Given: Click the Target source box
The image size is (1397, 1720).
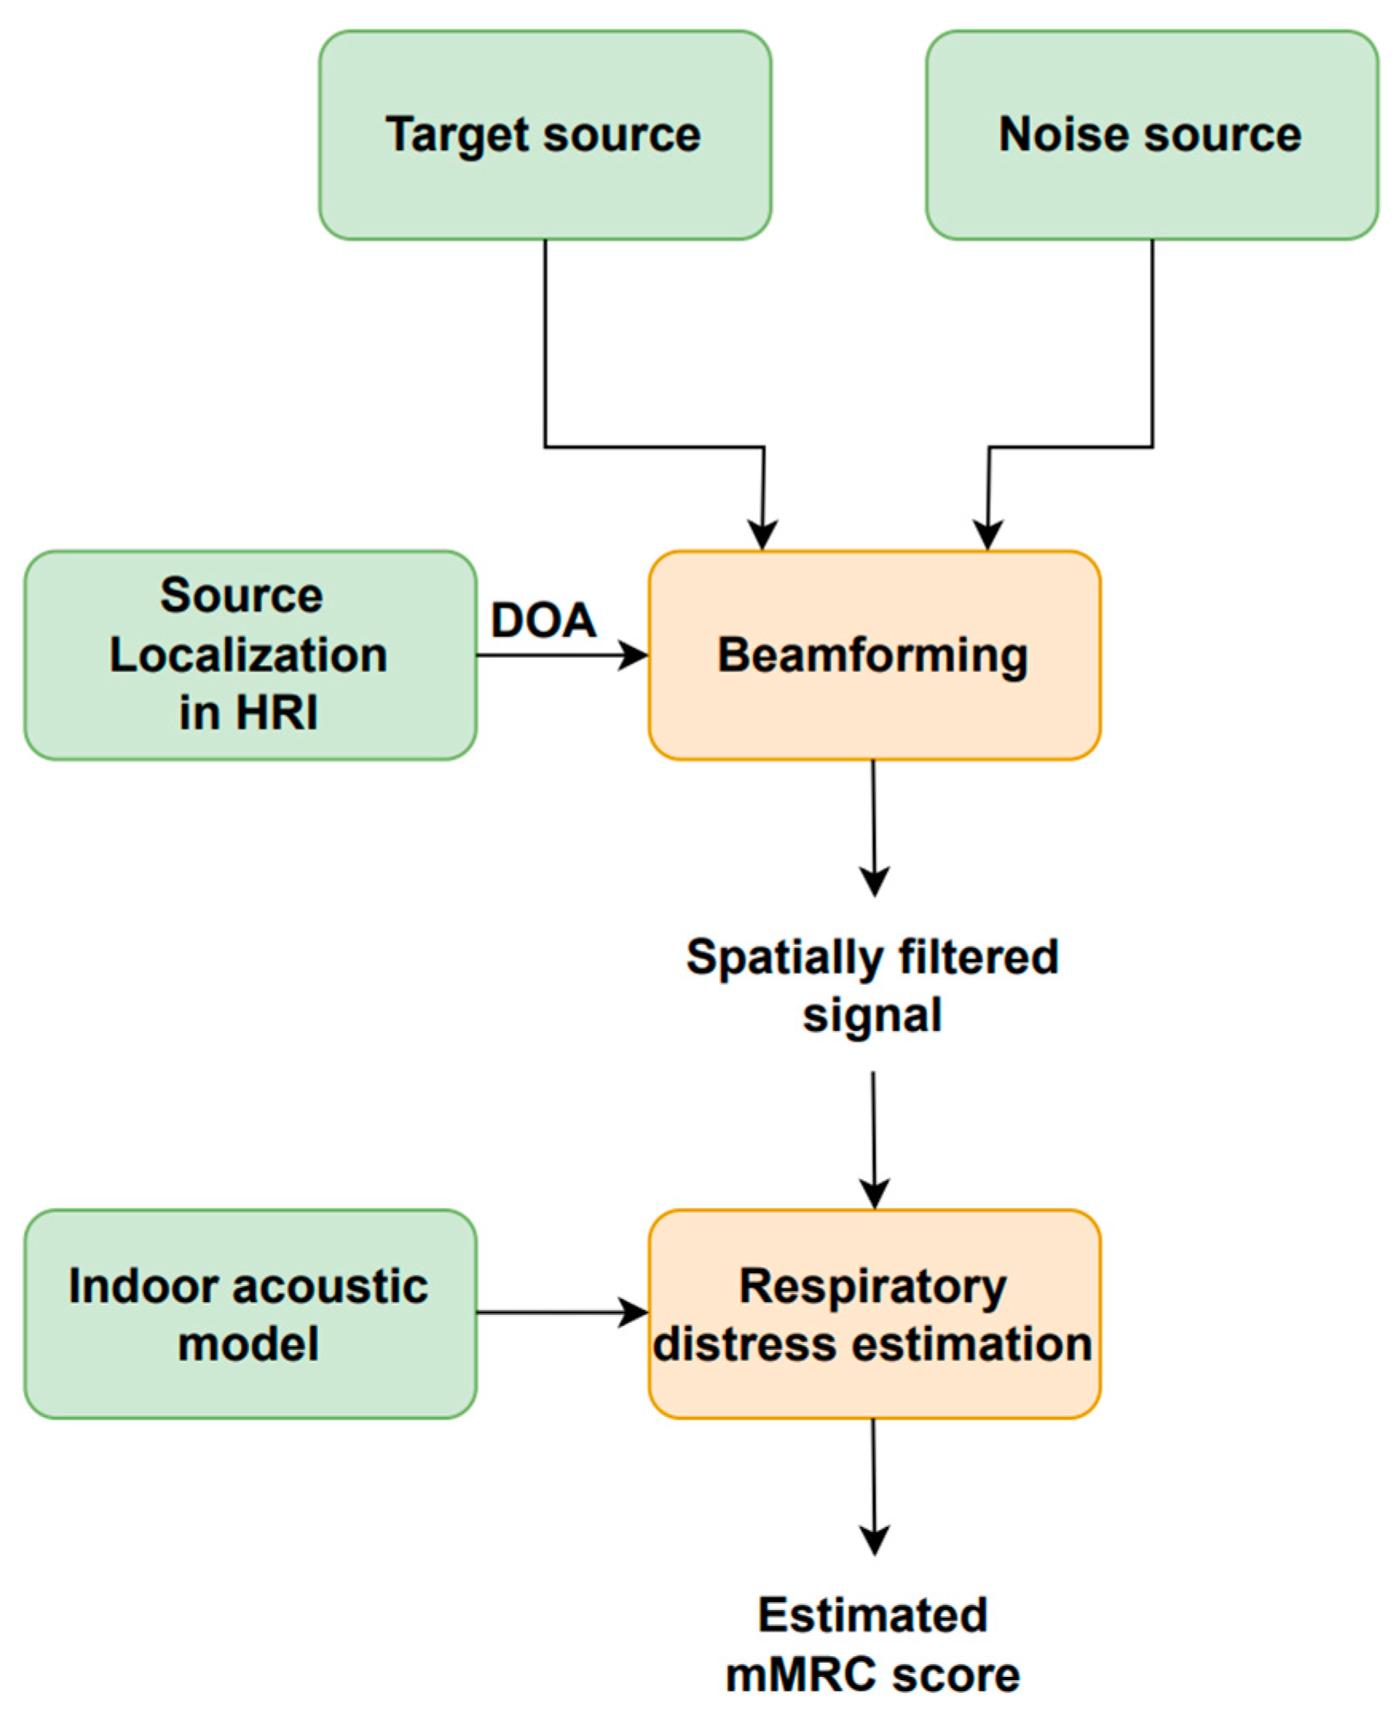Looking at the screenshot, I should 545,135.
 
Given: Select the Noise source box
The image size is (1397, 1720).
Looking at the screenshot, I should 1151,135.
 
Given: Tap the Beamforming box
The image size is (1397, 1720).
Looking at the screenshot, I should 874,655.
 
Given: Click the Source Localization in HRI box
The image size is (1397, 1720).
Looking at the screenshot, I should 250,655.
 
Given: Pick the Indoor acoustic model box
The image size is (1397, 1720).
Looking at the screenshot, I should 250,1313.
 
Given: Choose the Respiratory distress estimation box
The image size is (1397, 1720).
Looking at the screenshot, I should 874,1313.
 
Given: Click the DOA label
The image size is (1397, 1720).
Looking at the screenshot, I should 544,620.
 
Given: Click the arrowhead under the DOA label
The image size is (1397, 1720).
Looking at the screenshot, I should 633,655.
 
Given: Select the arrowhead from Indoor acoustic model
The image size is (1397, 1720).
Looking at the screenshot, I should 633,1313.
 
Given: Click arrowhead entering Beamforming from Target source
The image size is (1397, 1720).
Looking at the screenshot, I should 762,535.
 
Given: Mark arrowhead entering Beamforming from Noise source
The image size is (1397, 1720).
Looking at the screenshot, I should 987,535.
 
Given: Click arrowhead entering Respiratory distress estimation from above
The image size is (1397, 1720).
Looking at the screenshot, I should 874,1194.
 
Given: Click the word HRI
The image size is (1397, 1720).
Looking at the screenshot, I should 275,712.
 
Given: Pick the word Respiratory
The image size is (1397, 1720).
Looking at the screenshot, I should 872,1285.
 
